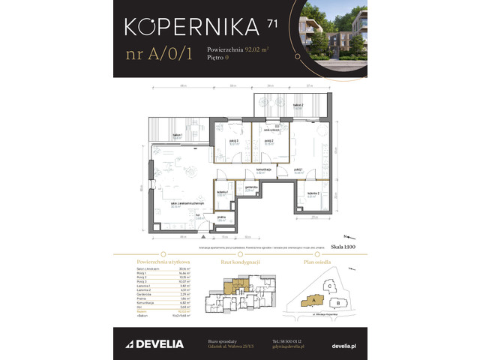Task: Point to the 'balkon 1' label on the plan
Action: (x=178, y=136)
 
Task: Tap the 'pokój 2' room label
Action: (x=268, y=141)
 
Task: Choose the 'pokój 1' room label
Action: (x=299, y=170)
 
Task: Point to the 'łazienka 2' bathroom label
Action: (x=313, y=195)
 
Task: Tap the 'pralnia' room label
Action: (x=222, y=219)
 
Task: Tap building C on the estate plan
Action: (x=328, y=285)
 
